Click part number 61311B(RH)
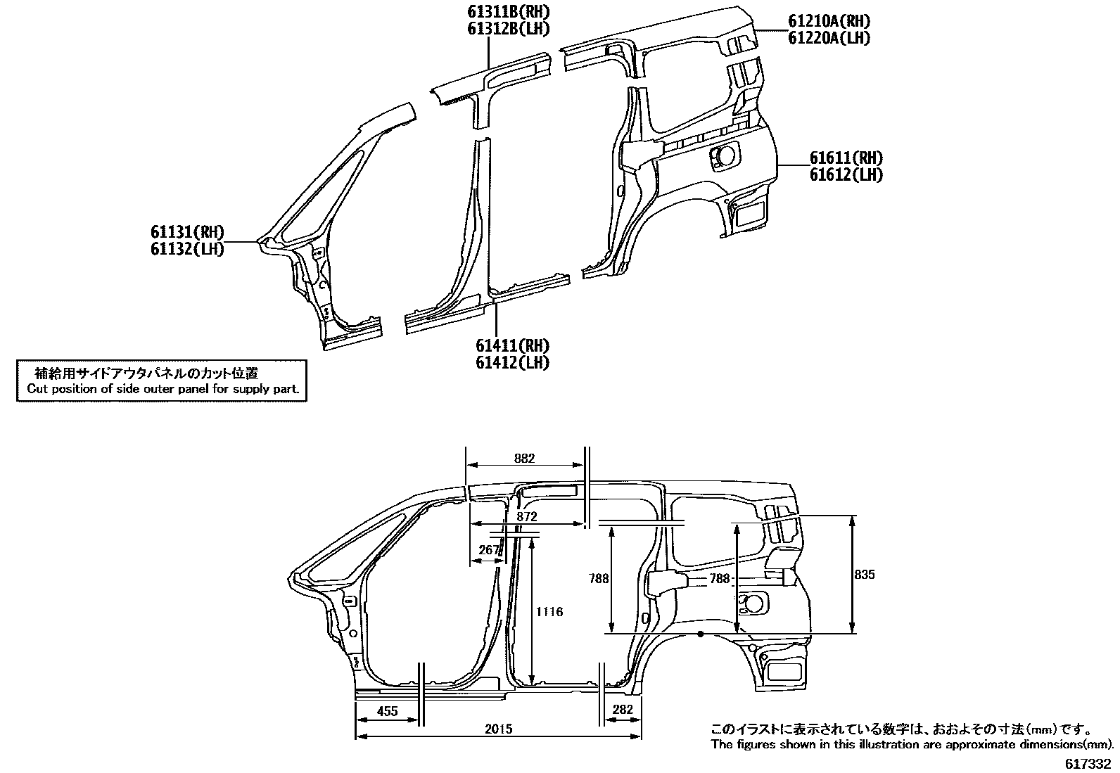click(507, 11)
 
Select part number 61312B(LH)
click(507, 29)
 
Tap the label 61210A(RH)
click(829, 21)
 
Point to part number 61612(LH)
click(846, 175)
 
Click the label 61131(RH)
click(186, 232)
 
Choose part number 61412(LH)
click(512, 363)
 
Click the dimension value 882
click(524, 459)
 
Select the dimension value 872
click(526, 517)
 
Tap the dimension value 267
click(488, 550)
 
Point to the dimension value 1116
click(549, 612)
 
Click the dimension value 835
click(865, 575)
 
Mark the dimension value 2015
click(498, 729)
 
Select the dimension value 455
click(387, 711)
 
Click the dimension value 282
click(623, 710)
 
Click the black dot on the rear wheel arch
click(701, 634)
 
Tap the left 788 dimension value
click(599, 579)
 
